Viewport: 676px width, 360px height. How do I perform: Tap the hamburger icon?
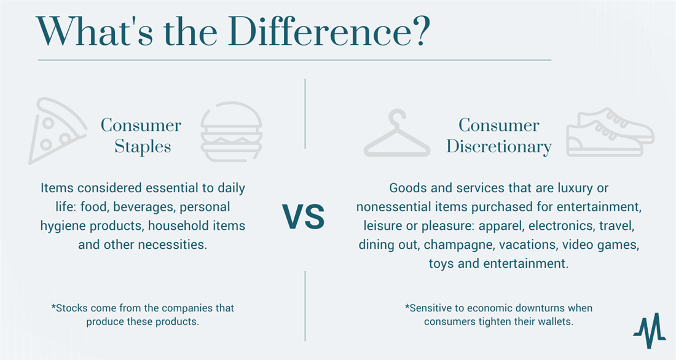pyautogui.click(x=232, y=132)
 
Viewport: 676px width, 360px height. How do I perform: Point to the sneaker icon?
pyautogui.click(x=610, y=132)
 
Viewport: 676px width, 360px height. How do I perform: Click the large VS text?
pyautogui.click(x=304, y=217)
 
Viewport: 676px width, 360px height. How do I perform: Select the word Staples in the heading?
pyautogui.click(x=143, y=147)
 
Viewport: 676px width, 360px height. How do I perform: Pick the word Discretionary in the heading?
pyautogui.click(x=499, y=147)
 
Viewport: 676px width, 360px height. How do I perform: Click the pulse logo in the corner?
pyautogui.click(x=650, y=330)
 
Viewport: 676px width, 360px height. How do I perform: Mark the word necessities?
pyautogui.click(x=173, y=245)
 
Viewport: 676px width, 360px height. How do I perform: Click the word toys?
pyautogui.click(x=441, y=264)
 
